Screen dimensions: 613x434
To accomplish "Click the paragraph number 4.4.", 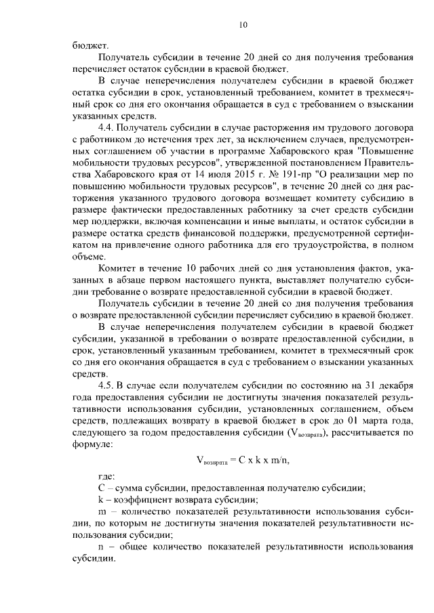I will click(x=107, y=127).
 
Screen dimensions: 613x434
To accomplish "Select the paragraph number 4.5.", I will click(x=107, y=384).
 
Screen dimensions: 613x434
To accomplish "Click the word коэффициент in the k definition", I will click(x=139, y=500).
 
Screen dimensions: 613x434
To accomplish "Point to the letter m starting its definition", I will click(x=103, y=511).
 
